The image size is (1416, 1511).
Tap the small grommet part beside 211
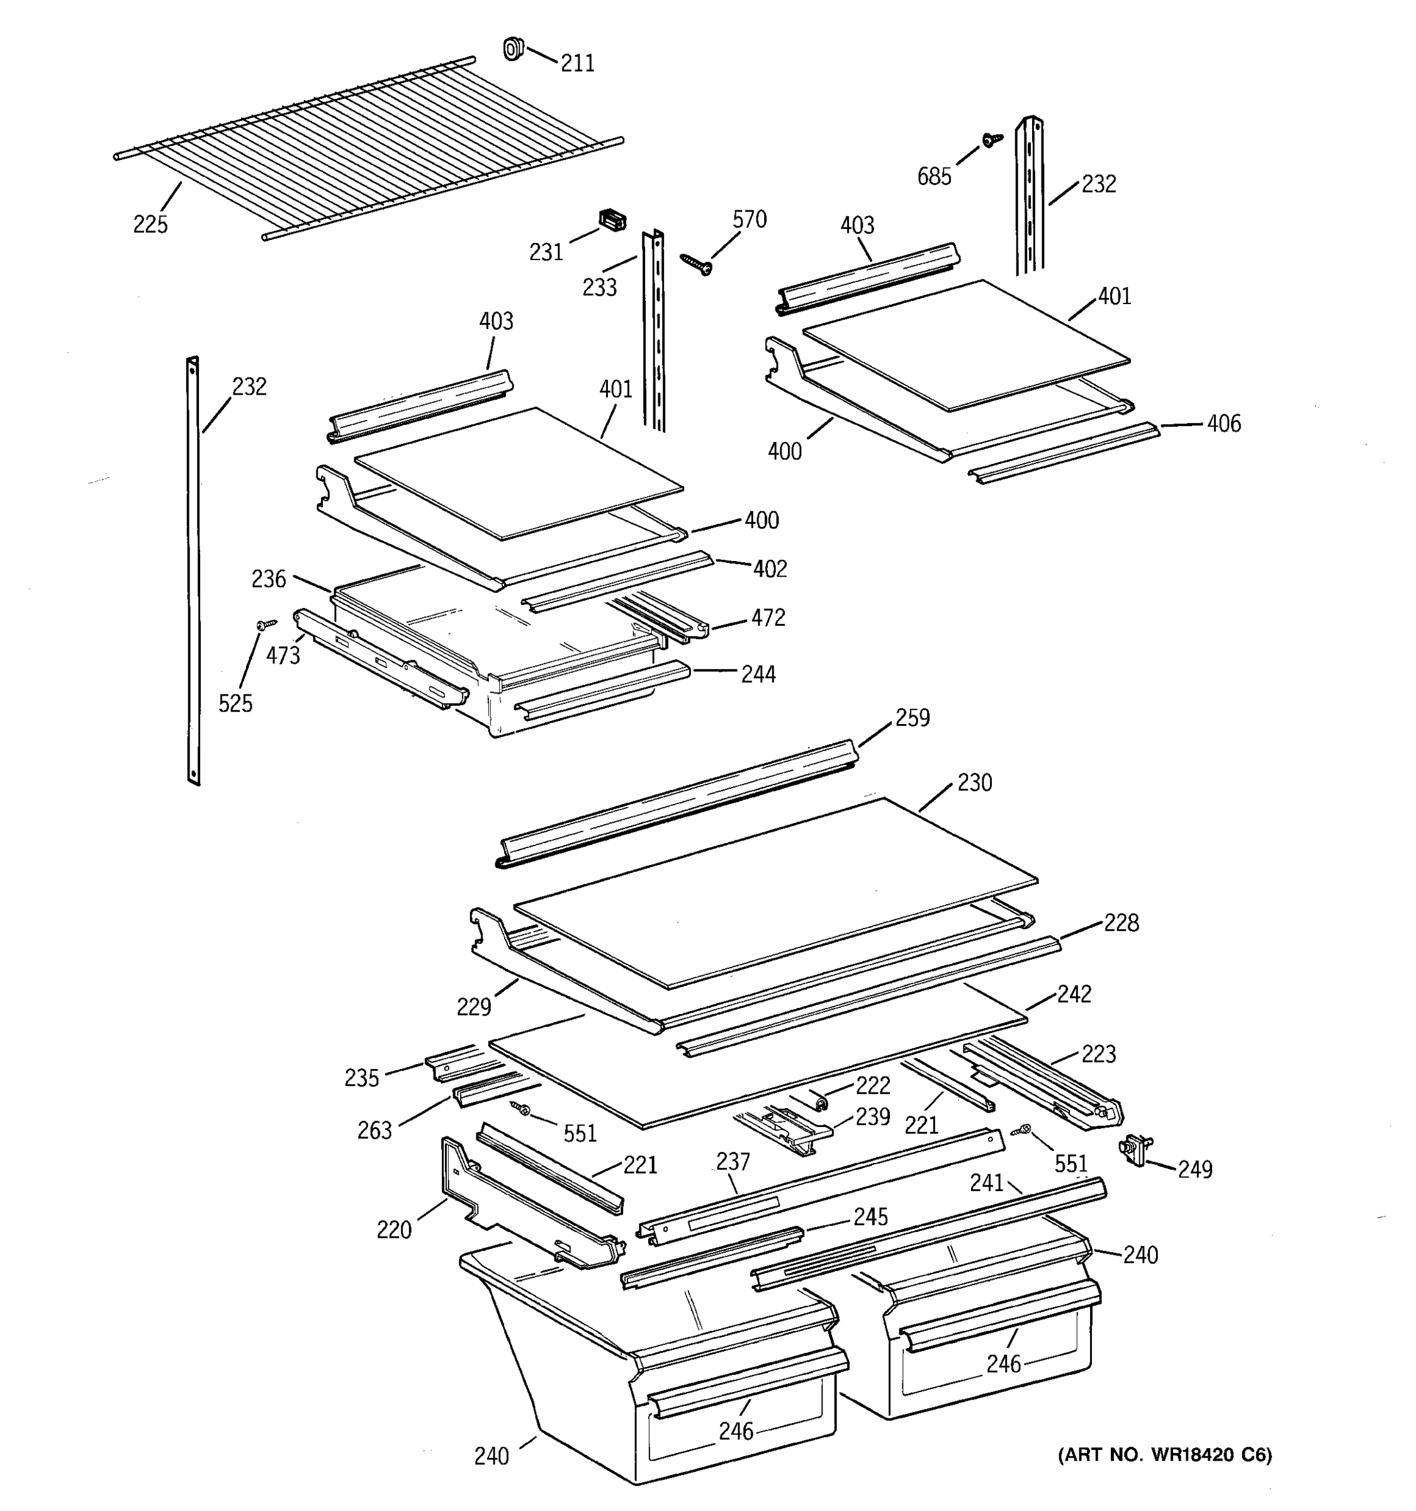point(514,49)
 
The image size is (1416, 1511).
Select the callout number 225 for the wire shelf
point(150,225)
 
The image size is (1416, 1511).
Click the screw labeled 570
point(696,264)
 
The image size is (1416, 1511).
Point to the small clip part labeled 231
point(612,220)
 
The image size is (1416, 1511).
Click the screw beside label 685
point(990,140)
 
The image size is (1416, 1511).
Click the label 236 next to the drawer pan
point(269,580)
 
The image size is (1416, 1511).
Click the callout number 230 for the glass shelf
point(975,783)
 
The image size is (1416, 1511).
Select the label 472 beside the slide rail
point(768,618)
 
